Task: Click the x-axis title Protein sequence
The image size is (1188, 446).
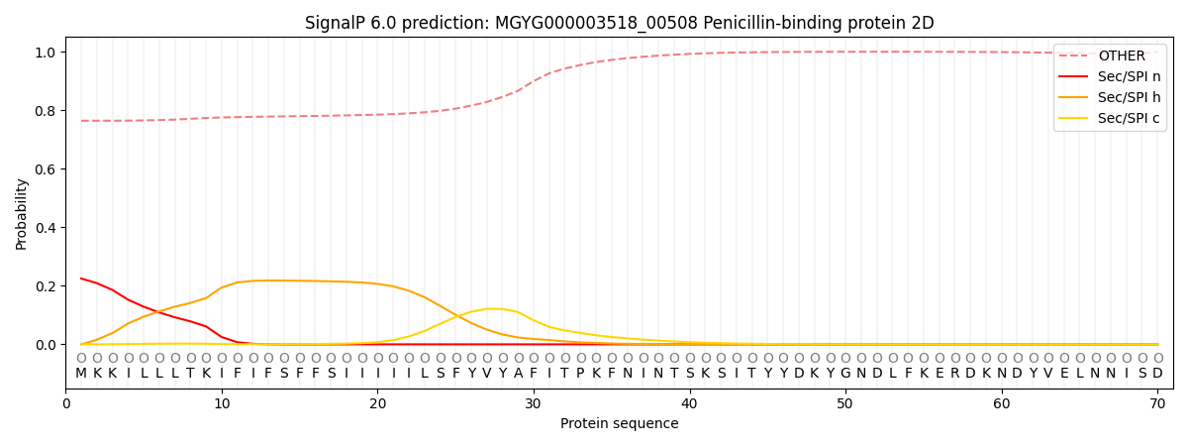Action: click(620, 424)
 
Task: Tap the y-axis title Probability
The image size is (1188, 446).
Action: click(22, 214)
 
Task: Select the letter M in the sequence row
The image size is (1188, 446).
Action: click(81, 374)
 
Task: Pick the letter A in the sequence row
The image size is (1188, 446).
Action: click(518, 374)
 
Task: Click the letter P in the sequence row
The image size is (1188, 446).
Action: click(580, 374)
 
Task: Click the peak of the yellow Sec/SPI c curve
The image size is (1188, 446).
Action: click(494, 308)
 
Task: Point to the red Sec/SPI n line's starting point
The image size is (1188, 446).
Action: click(81, 279)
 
